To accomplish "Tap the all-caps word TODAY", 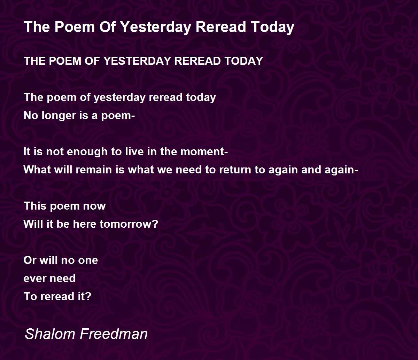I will click(x=243, y=61).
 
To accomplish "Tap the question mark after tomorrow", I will click(x=155, y=224).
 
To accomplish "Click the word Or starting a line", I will click(x=30, y=260).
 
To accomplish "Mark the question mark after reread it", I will click(x=88, y=296).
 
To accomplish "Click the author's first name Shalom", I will click(x=50, y=334).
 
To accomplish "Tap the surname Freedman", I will click(x=114, y=334).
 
